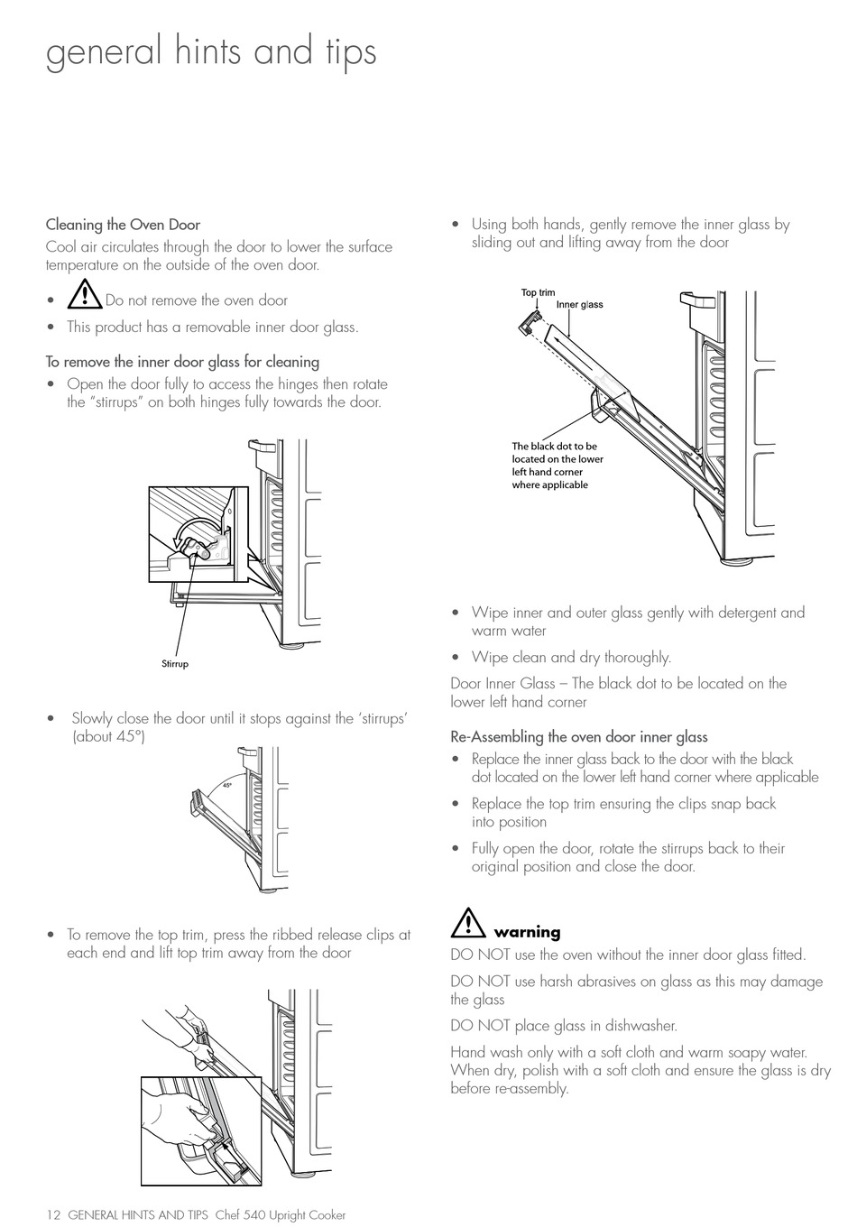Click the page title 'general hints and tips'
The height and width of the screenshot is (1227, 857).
click(211, 51)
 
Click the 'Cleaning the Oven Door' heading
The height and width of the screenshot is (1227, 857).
click(123, 225)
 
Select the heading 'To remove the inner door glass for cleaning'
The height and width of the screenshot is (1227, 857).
click(182, 362)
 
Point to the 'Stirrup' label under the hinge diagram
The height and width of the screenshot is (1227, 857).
click(175, 664)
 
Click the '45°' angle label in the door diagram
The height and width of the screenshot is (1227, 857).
click(227, 785)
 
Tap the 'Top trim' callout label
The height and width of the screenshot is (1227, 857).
click(539, 292)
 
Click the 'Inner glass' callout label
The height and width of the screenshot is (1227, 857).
click(579, 305)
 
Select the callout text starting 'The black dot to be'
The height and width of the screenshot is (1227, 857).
click(557, 465)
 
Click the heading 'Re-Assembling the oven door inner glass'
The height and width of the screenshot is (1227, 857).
click(578, 737)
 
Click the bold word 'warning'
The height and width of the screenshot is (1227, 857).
click(527, 933)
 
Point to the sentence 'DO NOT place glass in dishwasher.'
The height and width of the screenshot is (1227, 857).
click(564, 1026)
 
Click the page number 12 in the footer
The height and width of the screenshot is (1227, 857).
click(53, 1214)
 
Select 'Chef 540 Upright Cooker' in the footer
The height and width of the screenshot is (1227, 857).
click(281, 1214)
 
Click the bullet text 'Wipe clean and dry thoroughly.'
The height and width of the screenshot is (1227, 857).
click(571, 658)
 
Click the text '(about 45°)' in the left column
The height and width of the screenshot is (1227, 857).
click(108, 736)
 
